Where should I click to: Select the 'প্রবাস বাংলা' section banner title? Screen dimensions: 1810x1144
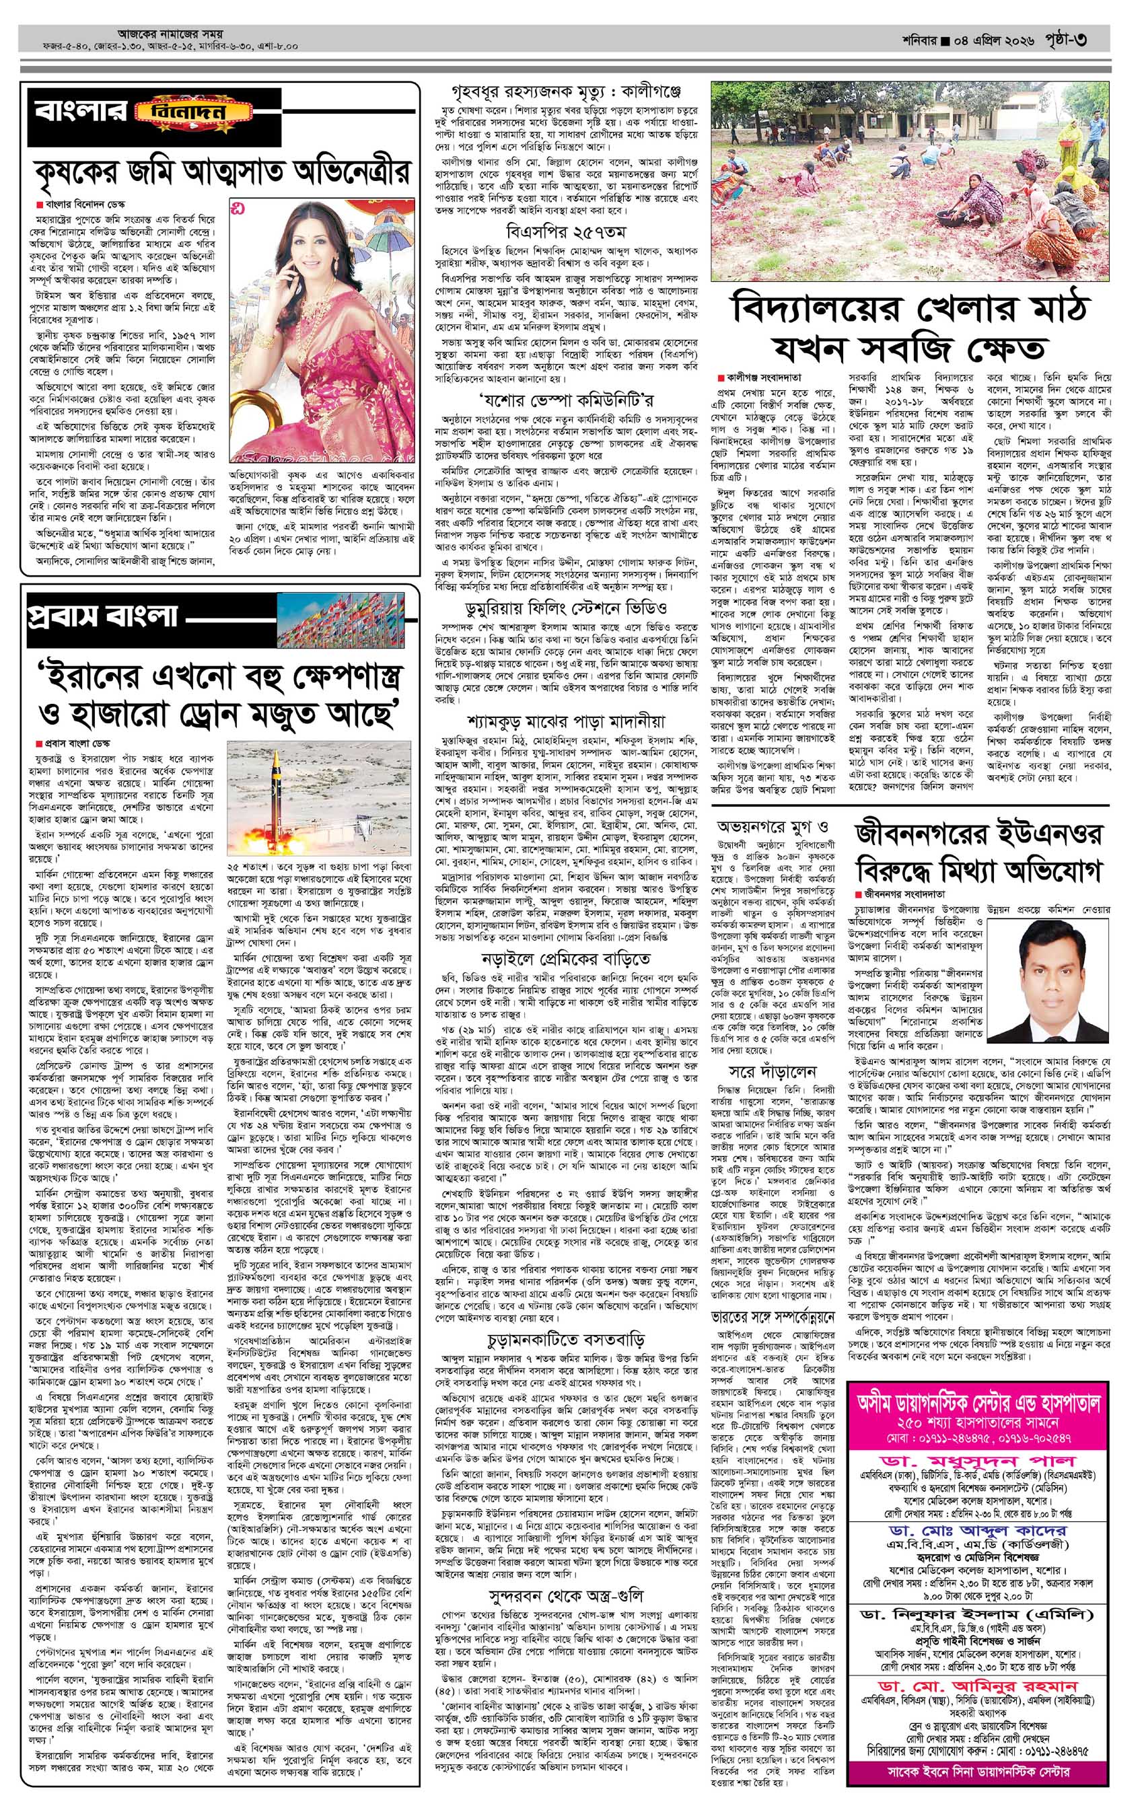(x=102, y=616)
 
